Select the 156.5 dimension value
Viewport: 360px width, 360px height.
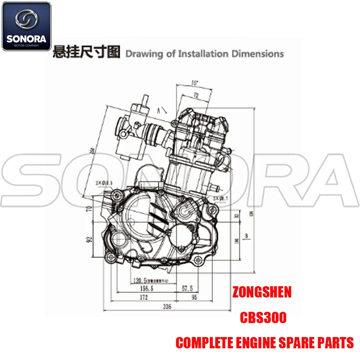tap(144, 288)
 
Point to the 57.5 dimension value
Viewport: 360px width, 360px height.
tap(188, 288)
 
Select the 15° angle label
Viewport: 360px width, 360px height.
tap(194, 82)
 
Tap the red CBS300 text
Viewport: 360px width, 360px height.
tap(262, 318)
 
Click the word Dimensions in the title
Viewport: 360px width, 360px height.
tap(257, 54)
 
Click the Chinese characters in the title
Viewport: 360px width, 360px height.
tap(86, 53)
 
